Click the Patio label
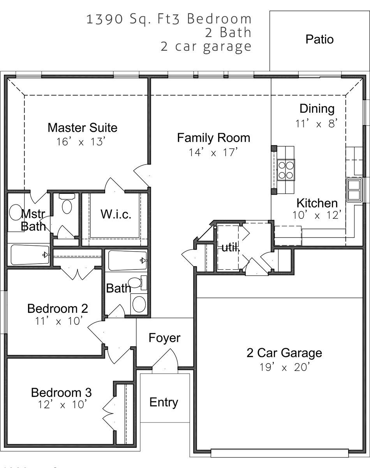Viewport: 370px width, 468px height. [x=319, y=39]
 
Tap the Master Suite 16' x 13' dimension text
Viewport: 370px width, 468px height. [x=81, y=142]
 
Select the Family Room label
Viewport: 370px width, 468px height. [x=213, y=138]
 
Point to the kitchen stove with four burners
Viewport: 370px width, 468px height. [x=286, y=170]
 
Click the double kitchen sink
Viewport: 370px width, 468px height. [x=354, y=190]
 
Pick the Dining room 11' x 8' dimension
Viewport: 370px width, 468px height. [x=317, y=124]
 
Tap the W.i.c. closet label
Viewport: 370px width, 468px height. [x=116, y=214]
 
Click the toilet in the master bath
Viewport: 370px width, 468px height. [x=67, y=204]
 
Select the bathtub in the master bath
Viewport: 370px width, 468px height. [x=30, y=255]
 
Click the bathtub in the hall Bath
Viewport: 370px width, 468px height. [x=127, y=260]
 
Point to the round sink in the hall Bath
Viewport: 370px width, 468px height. [x=139, y=304]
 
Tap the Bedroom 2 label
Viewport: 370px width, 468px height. [x=58, y=308]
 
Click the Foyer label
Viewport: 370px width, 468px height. [x=164, y=338]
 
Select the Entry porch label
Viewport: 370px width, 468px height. [x=164, y=402]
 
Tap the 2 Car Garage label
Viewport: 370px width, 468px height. [x=284, y=353]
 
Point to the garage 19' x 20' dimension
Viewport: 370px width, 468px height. [x=284, y=367]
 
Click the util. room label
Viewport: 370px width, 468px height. [x=231, y=248]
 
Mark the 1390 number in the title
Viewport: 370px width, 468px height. [x=104, y=19]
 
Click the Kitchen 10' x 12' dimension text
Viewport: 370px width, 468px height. [x=317, y=215]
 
